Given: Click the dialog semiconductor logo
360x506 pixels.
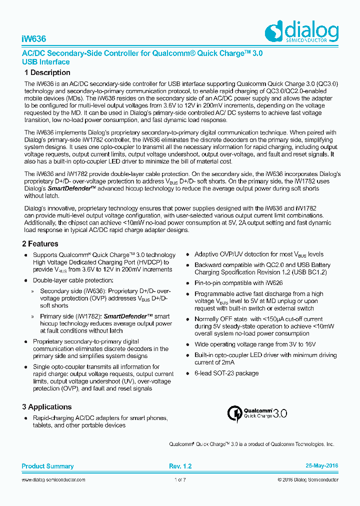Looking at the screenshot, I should (301, 32).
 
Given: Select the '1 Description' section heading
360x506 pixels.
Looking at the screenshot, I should (47, 72).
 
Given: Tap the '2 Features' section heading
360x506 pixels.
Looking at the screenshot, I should (40, 244).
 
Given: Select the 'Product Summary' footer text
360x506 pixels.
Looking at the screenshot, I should (47, 466).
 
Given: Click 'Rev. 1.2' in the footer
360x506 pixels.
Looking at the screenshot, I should (180, 466).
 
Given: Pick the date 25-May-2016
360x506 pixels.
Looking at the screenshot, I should (322, 466).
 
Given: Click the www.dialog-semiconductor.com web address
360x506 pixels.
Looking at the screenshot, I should (53, 479).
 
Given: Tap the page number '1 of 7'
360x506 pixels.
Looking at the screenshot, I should (180, 479).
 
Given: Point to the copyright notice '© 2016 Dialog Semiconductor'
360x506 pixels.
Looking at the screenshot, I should (307, 479).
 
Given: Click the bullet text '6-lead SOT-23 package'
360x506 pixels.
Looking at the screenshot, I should (226, 373).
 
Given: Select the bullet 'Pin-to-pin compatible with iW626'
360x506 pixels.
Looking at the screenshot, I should (238, 283).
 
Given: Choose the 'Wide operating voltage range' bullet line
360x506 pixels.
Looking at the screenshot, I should (255, 344).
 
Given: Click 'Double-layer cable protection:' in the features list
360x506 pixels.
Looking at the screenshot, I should (73, 280).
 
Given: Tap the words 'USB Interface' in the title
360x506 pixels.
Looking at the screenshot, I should (45, 62).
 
